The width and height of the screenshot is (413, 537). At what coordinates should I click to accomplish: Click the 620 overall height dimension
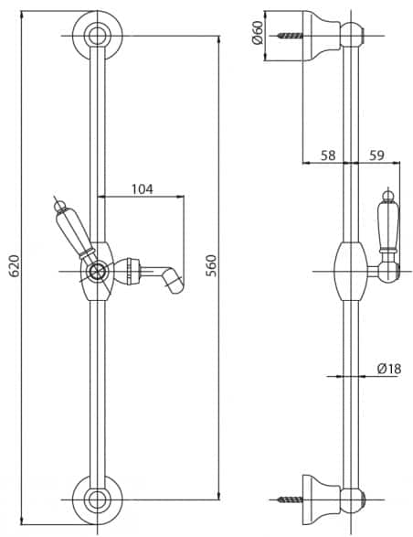(14, 266)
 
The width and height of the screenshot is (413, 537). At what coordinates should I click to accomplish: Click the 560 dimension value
(211, 265)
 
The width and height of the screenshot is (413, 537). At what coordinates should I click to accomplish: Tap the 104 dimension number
(143, 189)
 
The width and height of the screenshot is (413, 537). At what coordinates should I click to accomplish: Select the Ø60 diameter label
(258, 33)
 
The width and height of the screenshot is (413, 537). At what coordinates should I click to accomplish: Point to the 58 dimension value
(328, 156)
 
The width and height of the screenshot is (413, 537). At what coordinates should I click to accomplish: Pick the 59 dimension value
(376, 156)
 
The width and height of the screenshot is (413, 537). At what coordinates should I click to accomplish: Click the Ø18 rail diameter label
(389, 369)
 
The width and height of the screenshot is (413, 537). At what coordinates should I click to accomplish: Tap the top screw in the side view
(291, 36)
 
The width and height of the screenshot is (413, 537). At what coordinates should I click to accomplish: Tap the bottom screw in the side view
(291, 500)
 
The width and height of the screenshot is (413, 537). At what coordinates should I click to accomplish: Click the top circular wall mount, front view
(98, 36)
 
